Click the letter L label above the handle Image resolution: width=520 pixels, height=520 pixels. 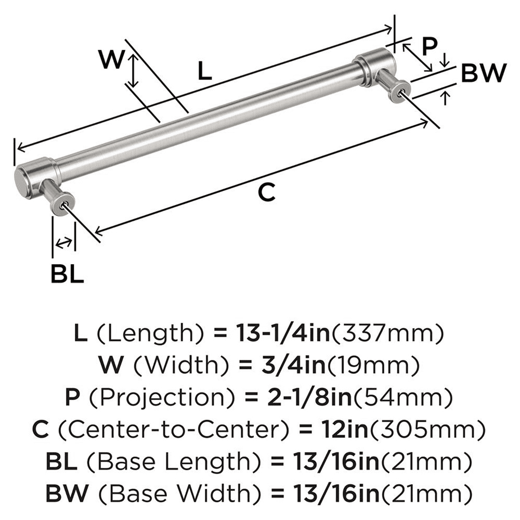click(x=205, y=71)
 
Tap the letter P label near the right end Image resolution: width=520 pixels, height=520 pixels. click(x=429, y=47)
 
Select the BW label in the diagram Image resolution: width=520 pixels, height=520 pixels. click(x=483, y=74)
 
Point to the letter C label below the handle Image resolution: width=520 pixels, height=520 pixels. click(x=266, y=193)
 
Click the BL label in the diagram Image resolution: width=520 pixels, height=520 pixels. click(x=67, y=274)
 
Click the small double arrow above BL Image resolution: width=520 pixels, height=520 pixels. click(x=63, y=242)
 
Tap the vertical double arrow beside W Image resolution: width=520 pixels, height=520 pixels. click(x=134, y=71)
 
